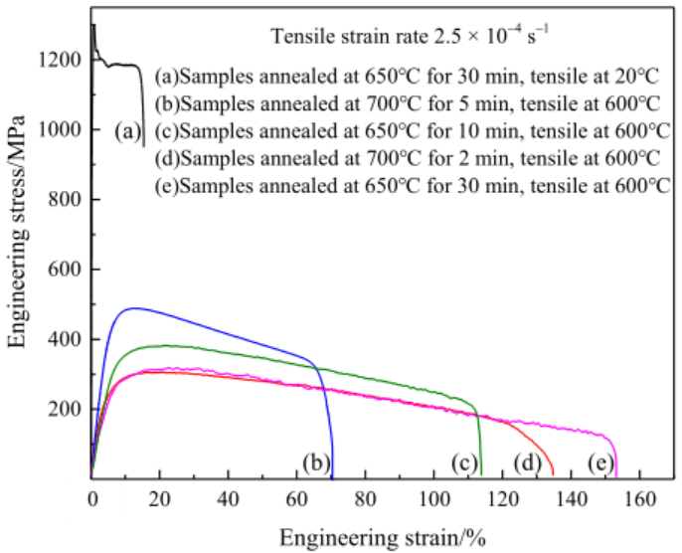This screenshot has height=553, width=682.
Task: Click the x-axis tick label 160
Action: click(638, 497)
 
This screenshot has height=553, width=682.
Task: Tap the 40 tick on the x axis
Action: click(228, 497)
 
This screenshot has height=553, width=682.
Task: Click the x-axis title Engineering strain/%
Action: click(382, 536)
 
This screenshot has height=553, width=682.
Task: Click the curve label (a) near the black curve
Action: click(126, 130)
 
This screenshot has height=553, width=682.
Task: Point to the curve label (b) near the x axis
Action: click(315, 461)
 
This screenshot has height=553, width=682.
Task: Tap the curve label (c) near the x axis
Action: click(463, 461)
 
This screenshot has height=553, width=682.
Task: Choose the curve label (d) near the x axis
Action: click(527, 461)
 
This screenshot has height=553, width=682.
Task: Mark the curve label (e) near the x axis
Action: click(599, 461)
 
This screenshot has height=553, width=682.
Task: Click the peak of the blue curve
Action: click(132, 308)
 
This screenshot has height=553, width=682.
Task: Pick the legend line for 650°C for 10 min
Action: click(412, 131)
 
